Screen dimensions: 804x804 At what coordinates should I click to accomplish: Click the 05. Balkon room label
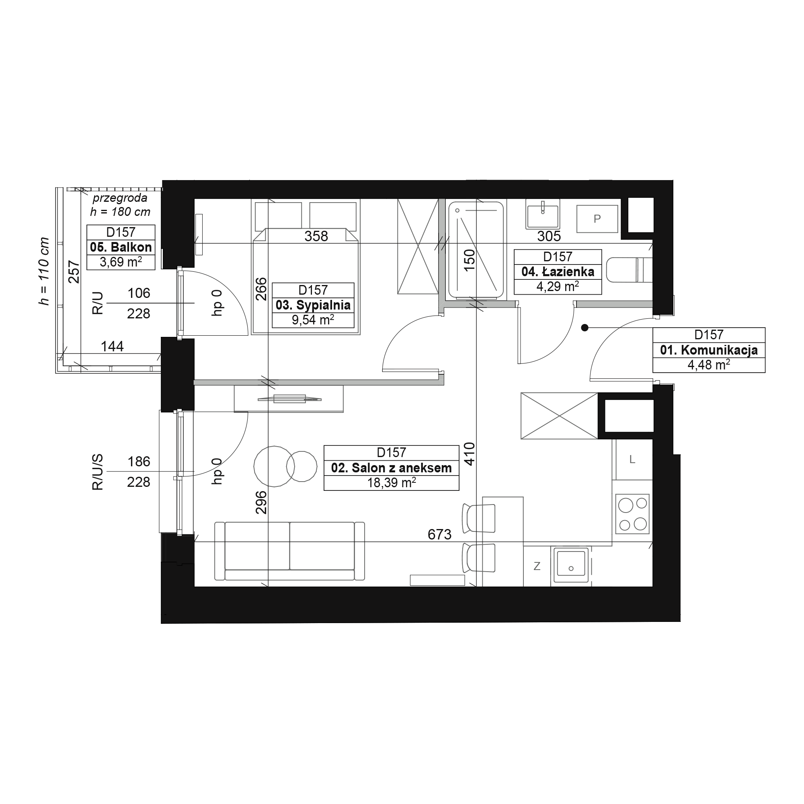click(121, 247)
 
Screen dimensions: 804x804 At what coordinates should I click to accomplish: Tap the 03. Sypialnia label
click(313, 305)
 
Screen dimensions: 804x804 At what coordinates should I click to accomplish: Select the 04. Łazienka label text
click(558, 272)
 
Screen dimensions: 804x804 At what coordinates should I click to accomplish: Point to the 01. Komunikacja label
click(709, 351)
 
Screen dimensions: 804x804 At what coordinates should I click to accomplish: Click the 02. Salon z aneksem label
click(391, 468)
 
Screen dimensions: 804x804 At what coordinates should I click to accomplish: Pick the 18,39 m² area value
click(391, 483)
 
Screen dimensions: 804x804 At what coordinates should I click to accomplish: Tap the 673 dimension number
click(439, 534)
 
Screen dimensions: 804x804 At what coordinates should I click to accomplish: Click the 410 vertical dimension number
click(470, 453)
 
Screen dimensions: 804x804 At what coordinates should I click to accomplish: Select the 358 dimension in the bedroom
click(316, 236)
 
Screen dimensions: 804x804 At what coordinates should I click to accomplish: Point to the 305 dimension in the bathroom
click(549, 236)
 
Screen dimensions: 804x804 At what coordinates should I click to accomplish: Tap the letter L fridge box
click(632, 459)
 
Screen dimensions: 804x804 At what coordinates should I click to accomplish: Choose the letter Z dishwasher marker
click(537, 566)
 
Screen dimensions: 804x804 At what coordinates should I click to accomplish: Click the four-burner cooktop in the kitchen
click(632, 514)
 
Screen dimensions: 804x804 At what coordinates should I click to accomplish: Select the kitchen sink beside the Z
click(571, 565)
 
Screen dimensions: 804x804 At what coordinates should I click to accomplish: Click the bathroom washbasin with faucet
click(543, 213)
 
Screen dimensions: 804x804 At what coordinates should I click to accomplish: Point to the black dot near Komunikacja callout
click(585, 328)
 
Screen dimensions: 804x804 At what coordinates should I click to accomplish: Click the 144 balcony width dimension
click(113, 346)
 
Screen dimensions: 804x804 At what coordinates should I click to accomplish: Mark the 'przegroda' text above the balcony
click(120, 198)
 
